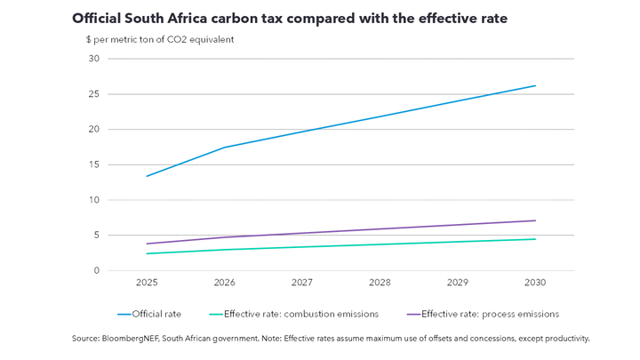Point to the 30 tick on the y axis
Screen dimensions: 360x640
pyautogui.click(x=92, y=59)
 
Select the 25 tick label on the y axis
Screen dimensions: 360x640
pyautogui.click(x=92, y=94)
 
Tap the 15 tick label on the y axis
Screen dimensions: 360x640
pyautogui.click(x=92, y=164)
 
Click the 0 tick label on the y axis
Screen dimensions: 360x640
pyautogui.click(x=94, y=271)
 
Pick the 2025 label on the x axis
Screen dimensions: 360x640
pyautogui.click(x=147, y=283)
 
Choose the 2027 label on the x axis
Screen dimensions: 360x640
pyautogui.click(x=302, y=283)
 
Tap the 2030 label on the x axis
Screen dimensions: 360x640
pyautogui.click(x=535, y=283)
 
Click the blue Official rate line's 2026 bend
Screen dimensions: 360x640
pyautogui.click(x=224, y=148)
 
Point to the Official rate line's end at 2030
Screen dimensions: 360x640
pyautogui.click(x=535, y=85)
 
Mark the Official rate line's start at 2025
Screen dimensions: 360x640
pyautogui.click(x=147, y=176)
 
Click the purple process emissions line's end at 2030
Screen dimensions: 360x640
pyautogui.click(x=535, y=220)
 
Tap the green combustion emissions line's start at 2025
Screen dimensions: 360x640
pyautogui.click(x=147, y=253)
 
